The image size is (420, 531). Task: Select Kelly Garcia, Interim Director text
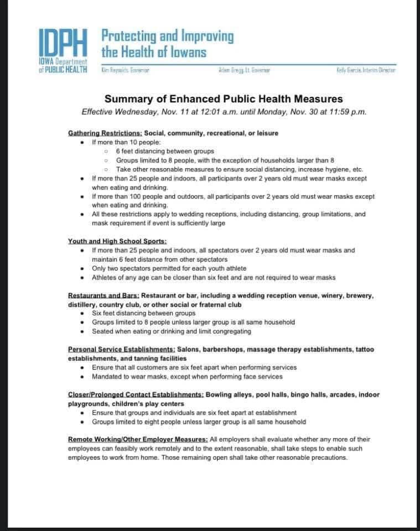366,70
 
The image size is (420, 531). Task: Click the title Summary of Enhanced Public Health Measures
224,99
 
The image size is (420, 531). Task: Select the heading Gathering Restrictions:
105,133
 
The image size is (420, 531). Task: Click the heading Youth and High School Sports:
117,241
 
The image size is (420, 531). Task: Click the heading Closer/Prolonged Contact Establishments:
136,394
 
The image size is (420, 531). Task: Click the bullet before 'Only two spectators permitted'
82,268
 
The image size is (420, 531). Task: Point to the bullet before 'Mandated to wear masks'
82,377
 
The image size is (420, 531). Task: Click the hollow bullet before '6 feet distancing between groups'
106,151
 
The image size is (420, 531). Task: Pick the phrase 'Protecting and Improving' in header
167,37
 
